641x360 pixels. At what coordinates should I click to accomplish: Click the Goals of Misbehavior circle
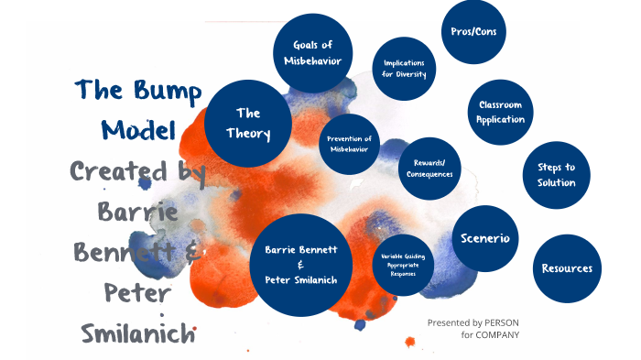click(x=313, y=53)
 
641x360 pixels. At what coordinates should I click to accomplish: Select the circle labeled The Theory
click(x=248, y=125)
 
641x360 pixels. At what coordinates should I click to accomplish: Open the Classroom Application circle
click(x=500, y=112)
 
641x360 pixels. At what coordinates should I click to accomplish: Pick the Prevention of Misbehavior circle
click(x=349, y=143)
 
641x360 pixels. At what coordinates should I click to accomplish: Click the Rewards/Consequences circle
click(x=431, y=168)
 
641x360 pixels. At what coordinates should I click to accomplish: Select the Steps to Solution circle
click(x=556, y=174)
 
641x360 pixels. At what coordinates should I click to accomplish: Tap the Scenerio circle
click(x=485, y=238)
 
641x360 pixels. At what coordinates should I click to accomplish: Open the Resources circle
click(x=566, y=268)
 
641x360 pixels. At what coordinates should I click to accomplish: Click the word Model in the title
click(x=139, y=130)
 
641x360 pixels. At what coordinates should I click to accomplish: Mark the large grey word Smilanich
click(x=137, y=333)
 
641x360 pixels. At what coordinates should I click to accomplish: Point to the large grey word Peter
click(x=137, y=292)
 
